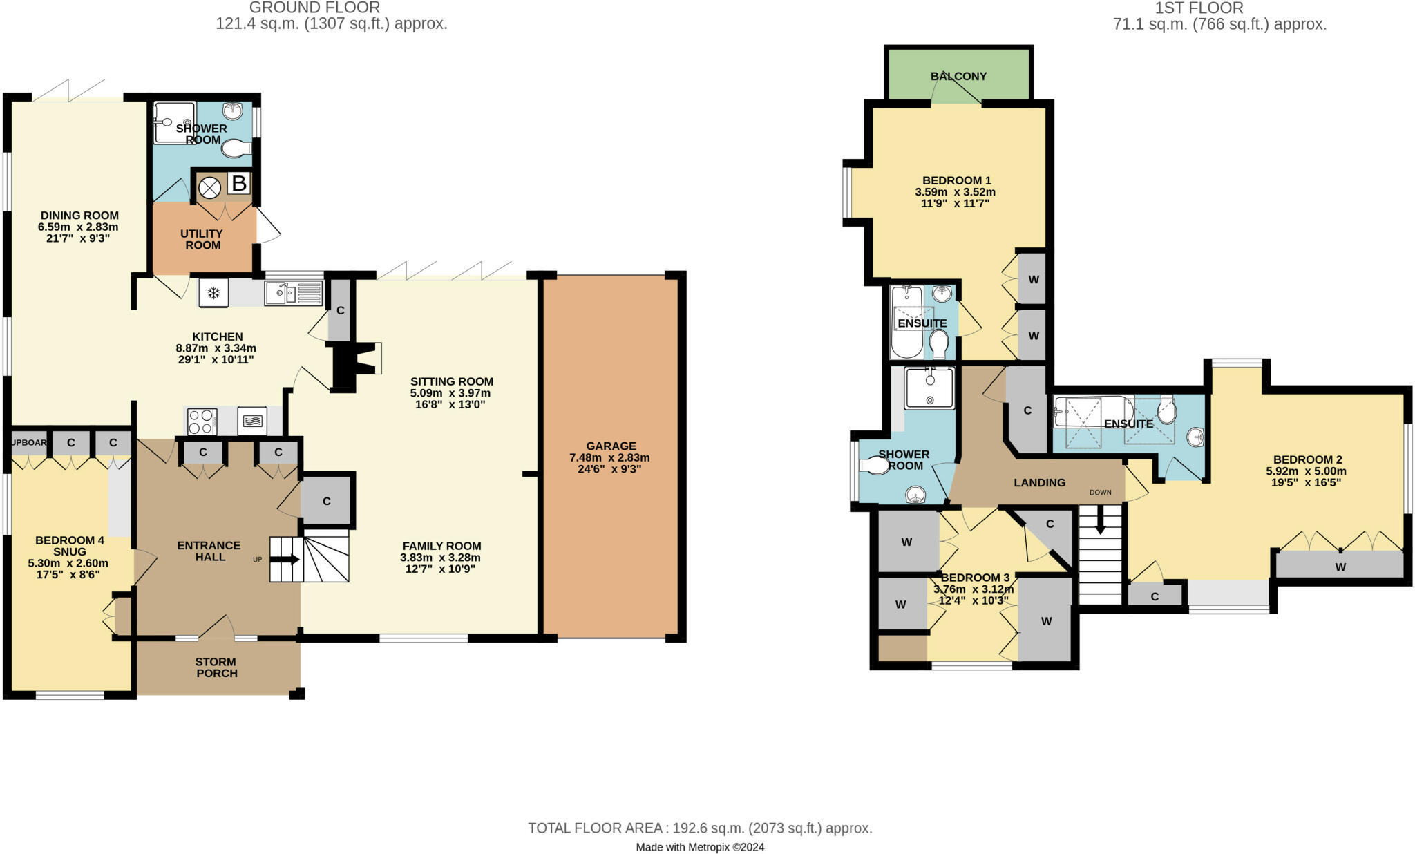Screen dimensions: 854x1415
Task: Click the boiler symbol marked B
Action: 238,184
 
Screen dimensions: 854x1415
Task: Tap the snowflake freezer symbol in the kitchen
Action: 213,294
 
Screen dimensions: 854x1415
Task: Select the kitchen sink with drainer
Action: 294,294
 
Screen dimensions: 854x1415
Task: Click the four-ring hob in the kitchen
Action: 202,421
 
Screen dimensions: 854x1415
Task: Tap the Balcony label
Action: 958,76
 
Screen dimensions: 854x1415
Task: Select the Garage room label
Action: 611,446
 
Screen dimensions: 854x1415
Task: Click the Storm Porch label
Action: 217,667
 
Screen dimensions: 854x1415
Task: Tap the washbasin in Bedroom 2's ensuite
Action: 1196,437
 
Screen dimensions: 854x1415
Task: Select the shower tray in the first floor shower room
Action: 930,388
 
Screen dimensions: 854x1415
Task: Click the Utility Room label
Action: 202,239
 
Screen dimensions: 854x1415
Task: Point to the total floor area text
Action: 700,828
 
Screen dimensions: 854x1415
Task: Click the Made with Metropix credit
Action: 700,847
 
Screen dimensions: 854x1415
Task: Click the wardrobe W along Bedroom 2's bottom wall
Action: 1340,567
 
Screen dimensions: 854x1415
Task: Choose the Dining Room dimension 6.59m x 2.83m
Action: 78,227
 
